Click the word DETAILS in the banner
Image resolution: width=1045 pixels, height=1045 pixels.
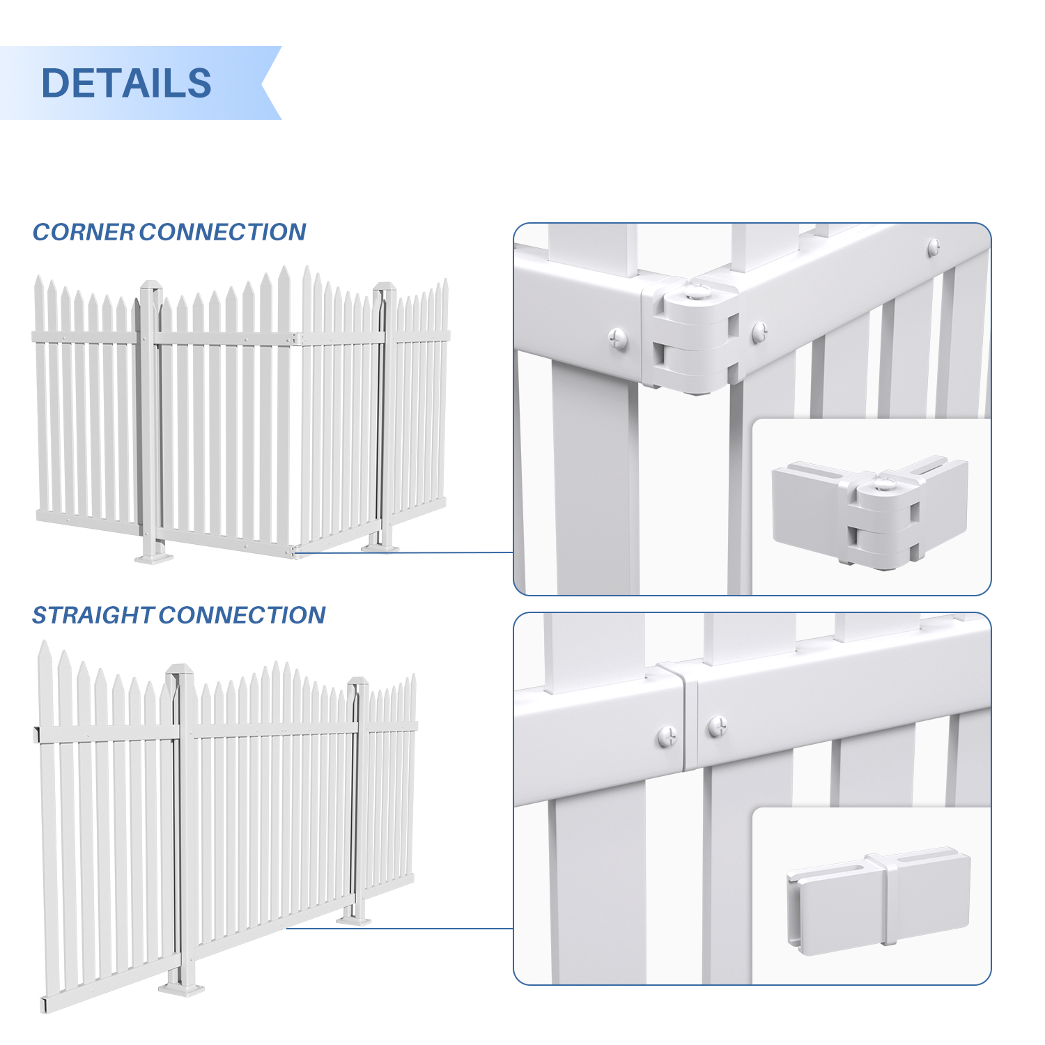click(126, 83)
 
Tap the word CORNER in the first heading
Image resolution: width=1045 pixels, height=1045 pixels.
click(84, 232)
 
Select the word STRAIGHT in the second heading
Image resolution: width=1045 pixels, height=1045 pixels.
click(93, 615)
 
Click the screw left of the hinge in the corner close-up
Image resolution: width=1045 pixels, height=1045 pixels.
click(618, 339)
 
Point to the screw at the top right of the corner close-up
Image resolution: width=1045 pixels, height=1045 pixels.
click(934, 246)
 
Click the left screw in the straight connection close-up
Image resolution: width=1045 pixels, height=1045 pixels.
click(667, 735)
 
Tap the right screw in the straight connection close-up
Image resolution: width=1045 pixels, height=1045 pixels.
click(718, 727)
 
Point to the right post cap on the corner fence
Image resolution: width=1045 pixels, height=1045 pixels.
click(385, 288)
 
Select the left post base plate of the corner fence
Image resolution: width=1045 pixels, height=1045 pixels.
click(154, 557)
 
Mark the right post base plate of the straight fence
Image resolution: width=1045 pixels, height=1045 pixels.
click(355, 920)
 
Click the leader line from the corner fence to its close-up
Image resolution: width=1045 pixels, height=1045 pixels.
click(404, 553)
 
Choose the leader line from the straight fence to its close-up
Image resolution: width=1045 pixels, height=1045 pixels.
click(400, 928)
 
